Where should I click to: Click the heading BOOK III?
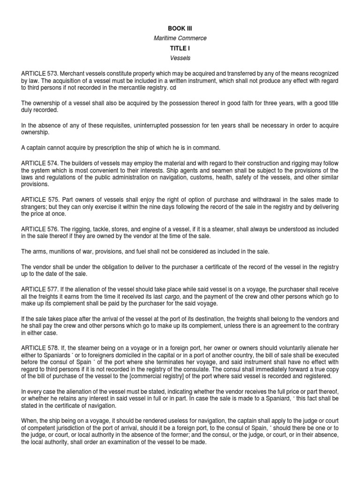tap(180, 29)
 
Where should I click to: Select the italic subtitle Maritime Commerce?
tap(180, 38)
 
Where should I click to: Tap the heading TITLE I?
tap(180, 48)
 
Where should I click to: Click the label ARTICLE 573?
tap(39, 74)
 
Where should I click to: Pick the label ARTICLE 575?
tap(39, 200)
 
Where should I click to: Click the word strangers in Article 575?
tap(35, 207)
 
